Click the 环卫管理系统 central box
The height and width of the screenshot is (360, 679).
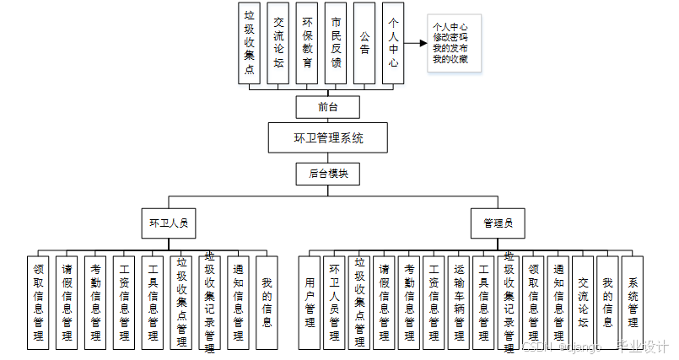[328, 137]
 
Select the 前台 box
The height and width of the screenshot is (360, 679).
[328, 107]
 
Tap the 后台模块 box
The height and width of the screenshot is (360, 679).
[328, 174]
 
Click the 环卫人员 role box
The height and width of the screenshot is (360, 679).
[168, 224]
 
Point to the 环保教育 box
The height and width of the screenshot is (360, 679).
[308, 43]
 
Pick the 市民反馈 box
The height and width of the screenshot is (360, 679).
[337, 43]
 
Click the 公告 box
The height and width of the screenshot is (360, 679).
[364, 43]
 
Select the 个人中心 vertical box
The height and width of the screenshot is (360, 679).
[392, 43]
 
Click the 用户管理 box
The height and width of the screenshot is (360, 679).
[310, 302]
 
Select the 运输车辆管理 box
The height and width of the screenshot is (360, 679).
[458, 302]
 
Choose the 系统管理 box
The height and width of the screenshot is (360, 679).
[632, 302]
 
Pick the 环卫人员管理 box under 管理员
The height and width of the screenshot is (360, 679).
[334, 302]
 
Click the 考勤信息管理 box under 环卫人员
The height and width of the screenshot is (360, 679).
[95, 302]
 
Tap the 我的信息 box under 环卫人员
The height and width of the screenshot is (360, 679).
[267, 302]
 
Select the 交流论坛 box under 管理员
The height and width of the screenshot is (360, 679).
[582, 302]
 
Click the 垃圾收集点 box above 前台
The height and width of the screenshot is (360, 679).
[249, 43]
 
